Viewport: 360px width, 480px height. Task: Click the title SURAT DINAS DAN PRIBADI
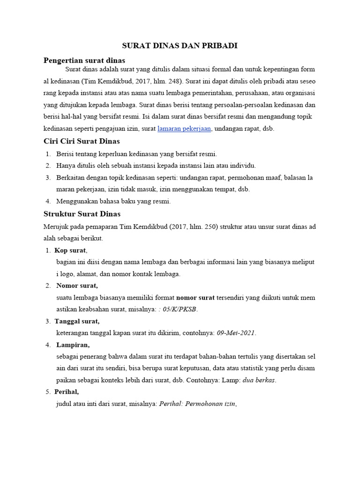point(180,45)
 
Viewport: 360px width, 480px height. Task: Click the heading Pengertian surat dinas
point(84,60)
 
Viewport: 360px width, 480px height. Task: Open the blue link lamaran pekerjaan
point(184,128)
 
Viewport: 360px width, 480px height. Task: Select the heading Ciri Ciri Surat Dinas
point(82,141)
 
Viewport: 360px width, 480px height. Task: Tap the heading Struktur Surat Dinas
point(82,214)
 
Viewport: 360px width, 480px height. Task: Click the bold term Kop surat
point(70,250)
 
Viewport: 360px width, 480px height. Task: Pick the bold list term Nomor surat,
point(77,285)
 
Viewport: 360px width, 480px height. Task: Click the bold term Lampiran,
point(73,345)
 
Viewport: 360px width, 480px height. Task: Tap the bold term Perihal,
point(67,391)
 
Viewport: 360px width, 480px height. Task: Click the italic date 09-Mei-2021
point(236,333)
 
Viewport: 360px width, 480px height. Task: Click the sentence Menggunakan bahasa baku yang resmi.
point(113,202)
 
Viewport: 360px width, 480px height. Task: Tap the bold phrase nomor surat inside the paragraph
point(195,298)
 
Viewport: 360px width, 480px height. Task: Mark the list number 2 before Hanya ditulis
point(48,166)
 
